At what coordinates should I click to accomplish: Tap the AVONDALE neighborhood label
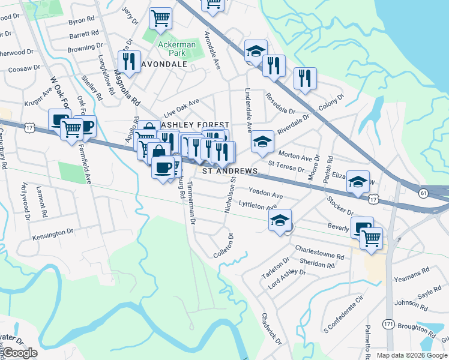click(164, 64)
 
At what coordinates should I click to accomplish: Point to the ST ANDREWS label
click(229, 171)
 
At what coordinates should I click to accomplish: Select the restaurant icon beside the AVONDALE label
click(128, 61)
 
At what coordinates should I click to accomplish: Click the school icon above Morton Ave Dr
click(262, 141)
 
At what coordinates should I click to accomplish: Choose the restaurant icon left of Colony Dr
click(305, 77)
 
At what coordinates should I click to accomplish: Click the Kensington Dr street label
click(52, 234)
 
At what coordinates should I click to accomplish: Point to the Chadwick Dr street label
click(271, 329)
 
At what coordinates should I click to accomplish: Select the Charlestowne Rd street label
click(319, 252)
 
